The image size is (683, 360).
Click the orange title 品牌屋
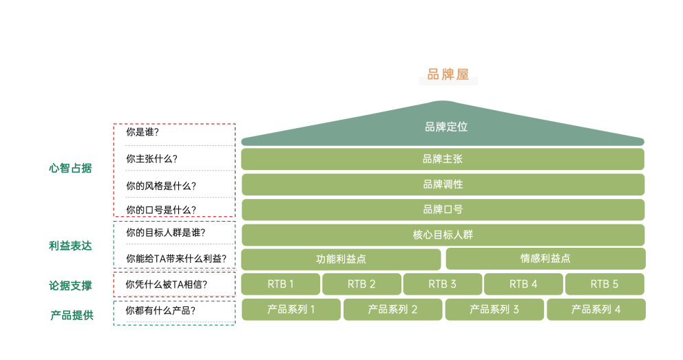point(448,75)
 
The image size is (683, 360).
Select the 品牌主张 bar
point(442,159)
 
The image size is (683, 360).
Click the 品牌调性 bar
point(442,184)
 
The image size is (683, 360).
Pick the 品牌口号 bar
point(442,209)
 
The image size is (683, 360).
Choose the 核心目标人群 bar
point(442,235)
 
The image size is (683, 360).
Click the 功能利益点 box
point(341,260)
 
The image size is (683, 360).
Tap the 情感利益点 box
point(545,259)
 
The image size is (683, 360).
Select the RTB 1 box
point(280,284)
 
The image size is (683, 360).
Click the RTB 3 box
point(443,284)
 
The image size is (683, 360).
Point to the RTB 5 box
point(605,284)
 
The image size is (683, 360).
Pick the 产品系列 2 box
point(392,310)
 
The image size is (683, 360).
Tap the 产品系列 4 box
point(596,310)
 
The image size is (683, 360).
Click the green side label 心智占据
point(70,168)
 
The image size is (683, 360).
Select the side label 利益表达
point(70,246)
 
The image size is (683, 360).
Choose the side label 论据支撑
point(70,286)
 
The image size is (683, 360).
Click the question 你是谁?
point(143,131)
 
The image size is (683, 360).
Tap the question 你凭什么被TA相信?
point(167,284)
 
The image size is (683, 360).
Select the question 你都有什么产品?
point(160,310)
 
